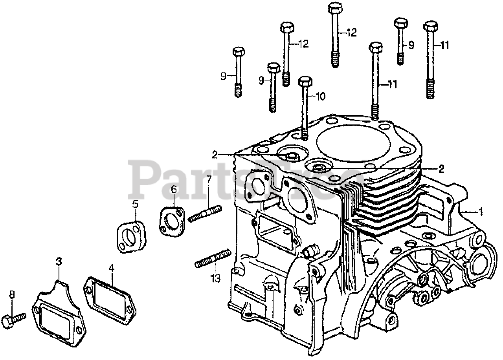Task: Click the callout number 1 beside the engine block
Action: pos(480,212)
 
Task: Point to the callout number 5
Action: pos(135,204)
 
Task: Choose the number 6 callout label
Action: pos(174,190)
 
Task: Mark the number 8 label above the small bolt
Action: pos(11,294)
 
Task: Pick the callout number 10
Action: pos(321,96)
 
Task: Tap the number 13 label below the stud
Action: pos(215,278)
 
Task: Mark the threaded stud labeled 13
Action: pos(212,259)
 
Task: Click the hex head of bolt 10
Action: pos(305,82)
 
